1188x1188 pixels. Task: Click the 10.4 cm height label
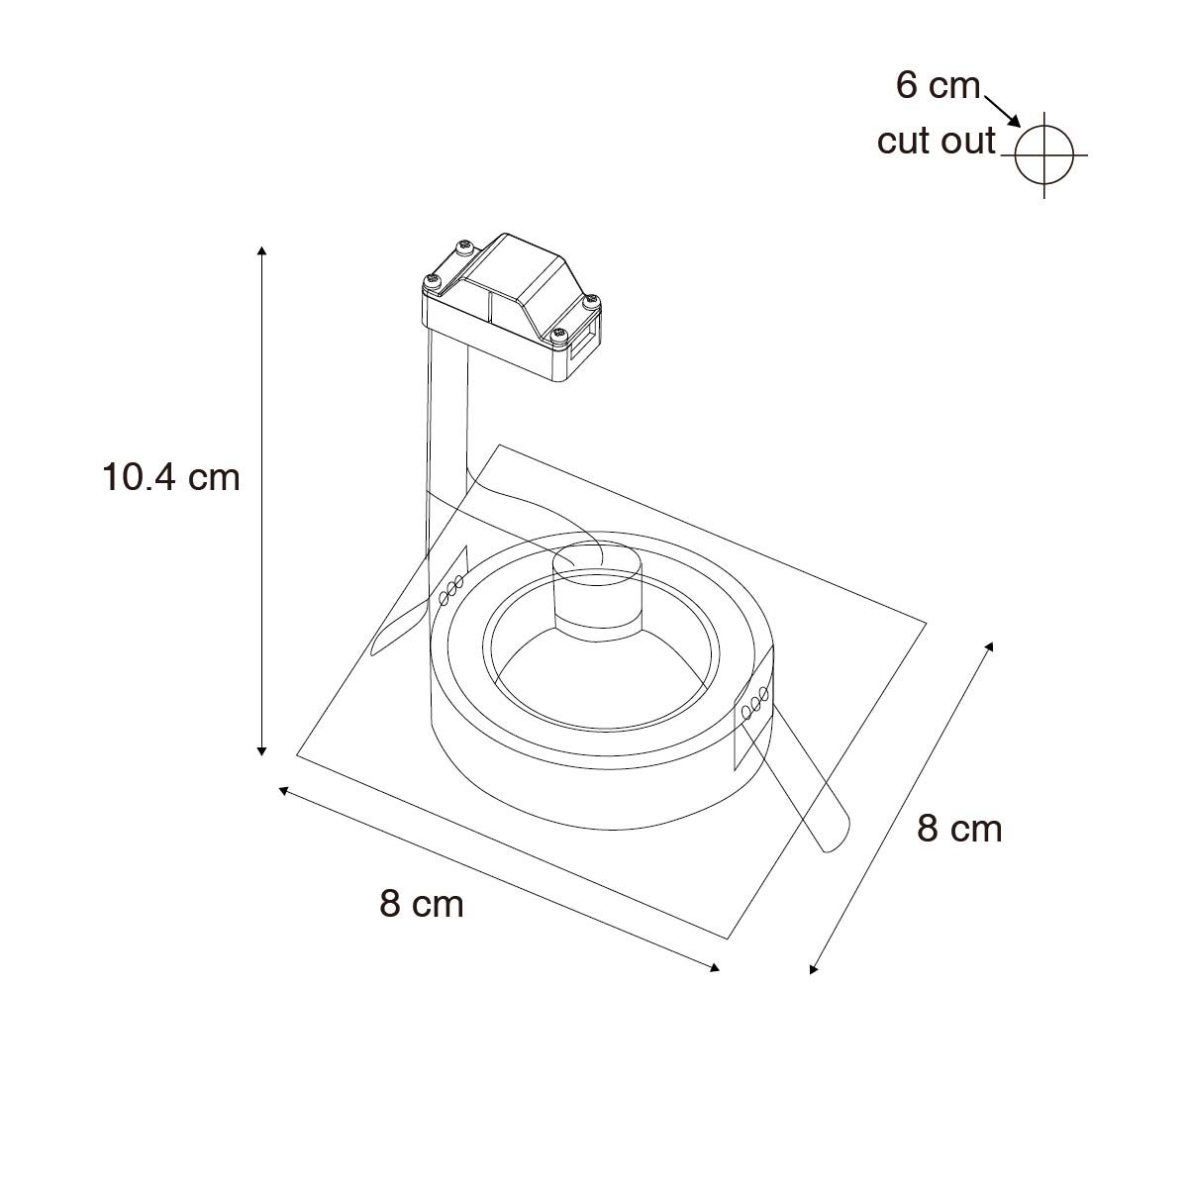coord(170,478)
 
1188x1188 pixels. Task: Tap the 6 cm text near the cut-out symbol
coord(938,85)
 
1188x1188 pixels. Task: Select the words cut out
coord(936,141)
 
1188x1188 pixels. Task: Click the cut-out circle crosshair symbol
coord(1043,154)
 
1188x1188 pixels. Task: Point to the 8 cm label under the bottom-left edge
coord(422,905)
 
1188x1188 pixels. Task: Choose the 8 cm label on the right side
coord(959,829)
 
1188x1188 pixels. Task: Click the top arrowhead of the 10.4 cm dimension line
coord(262,250)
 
